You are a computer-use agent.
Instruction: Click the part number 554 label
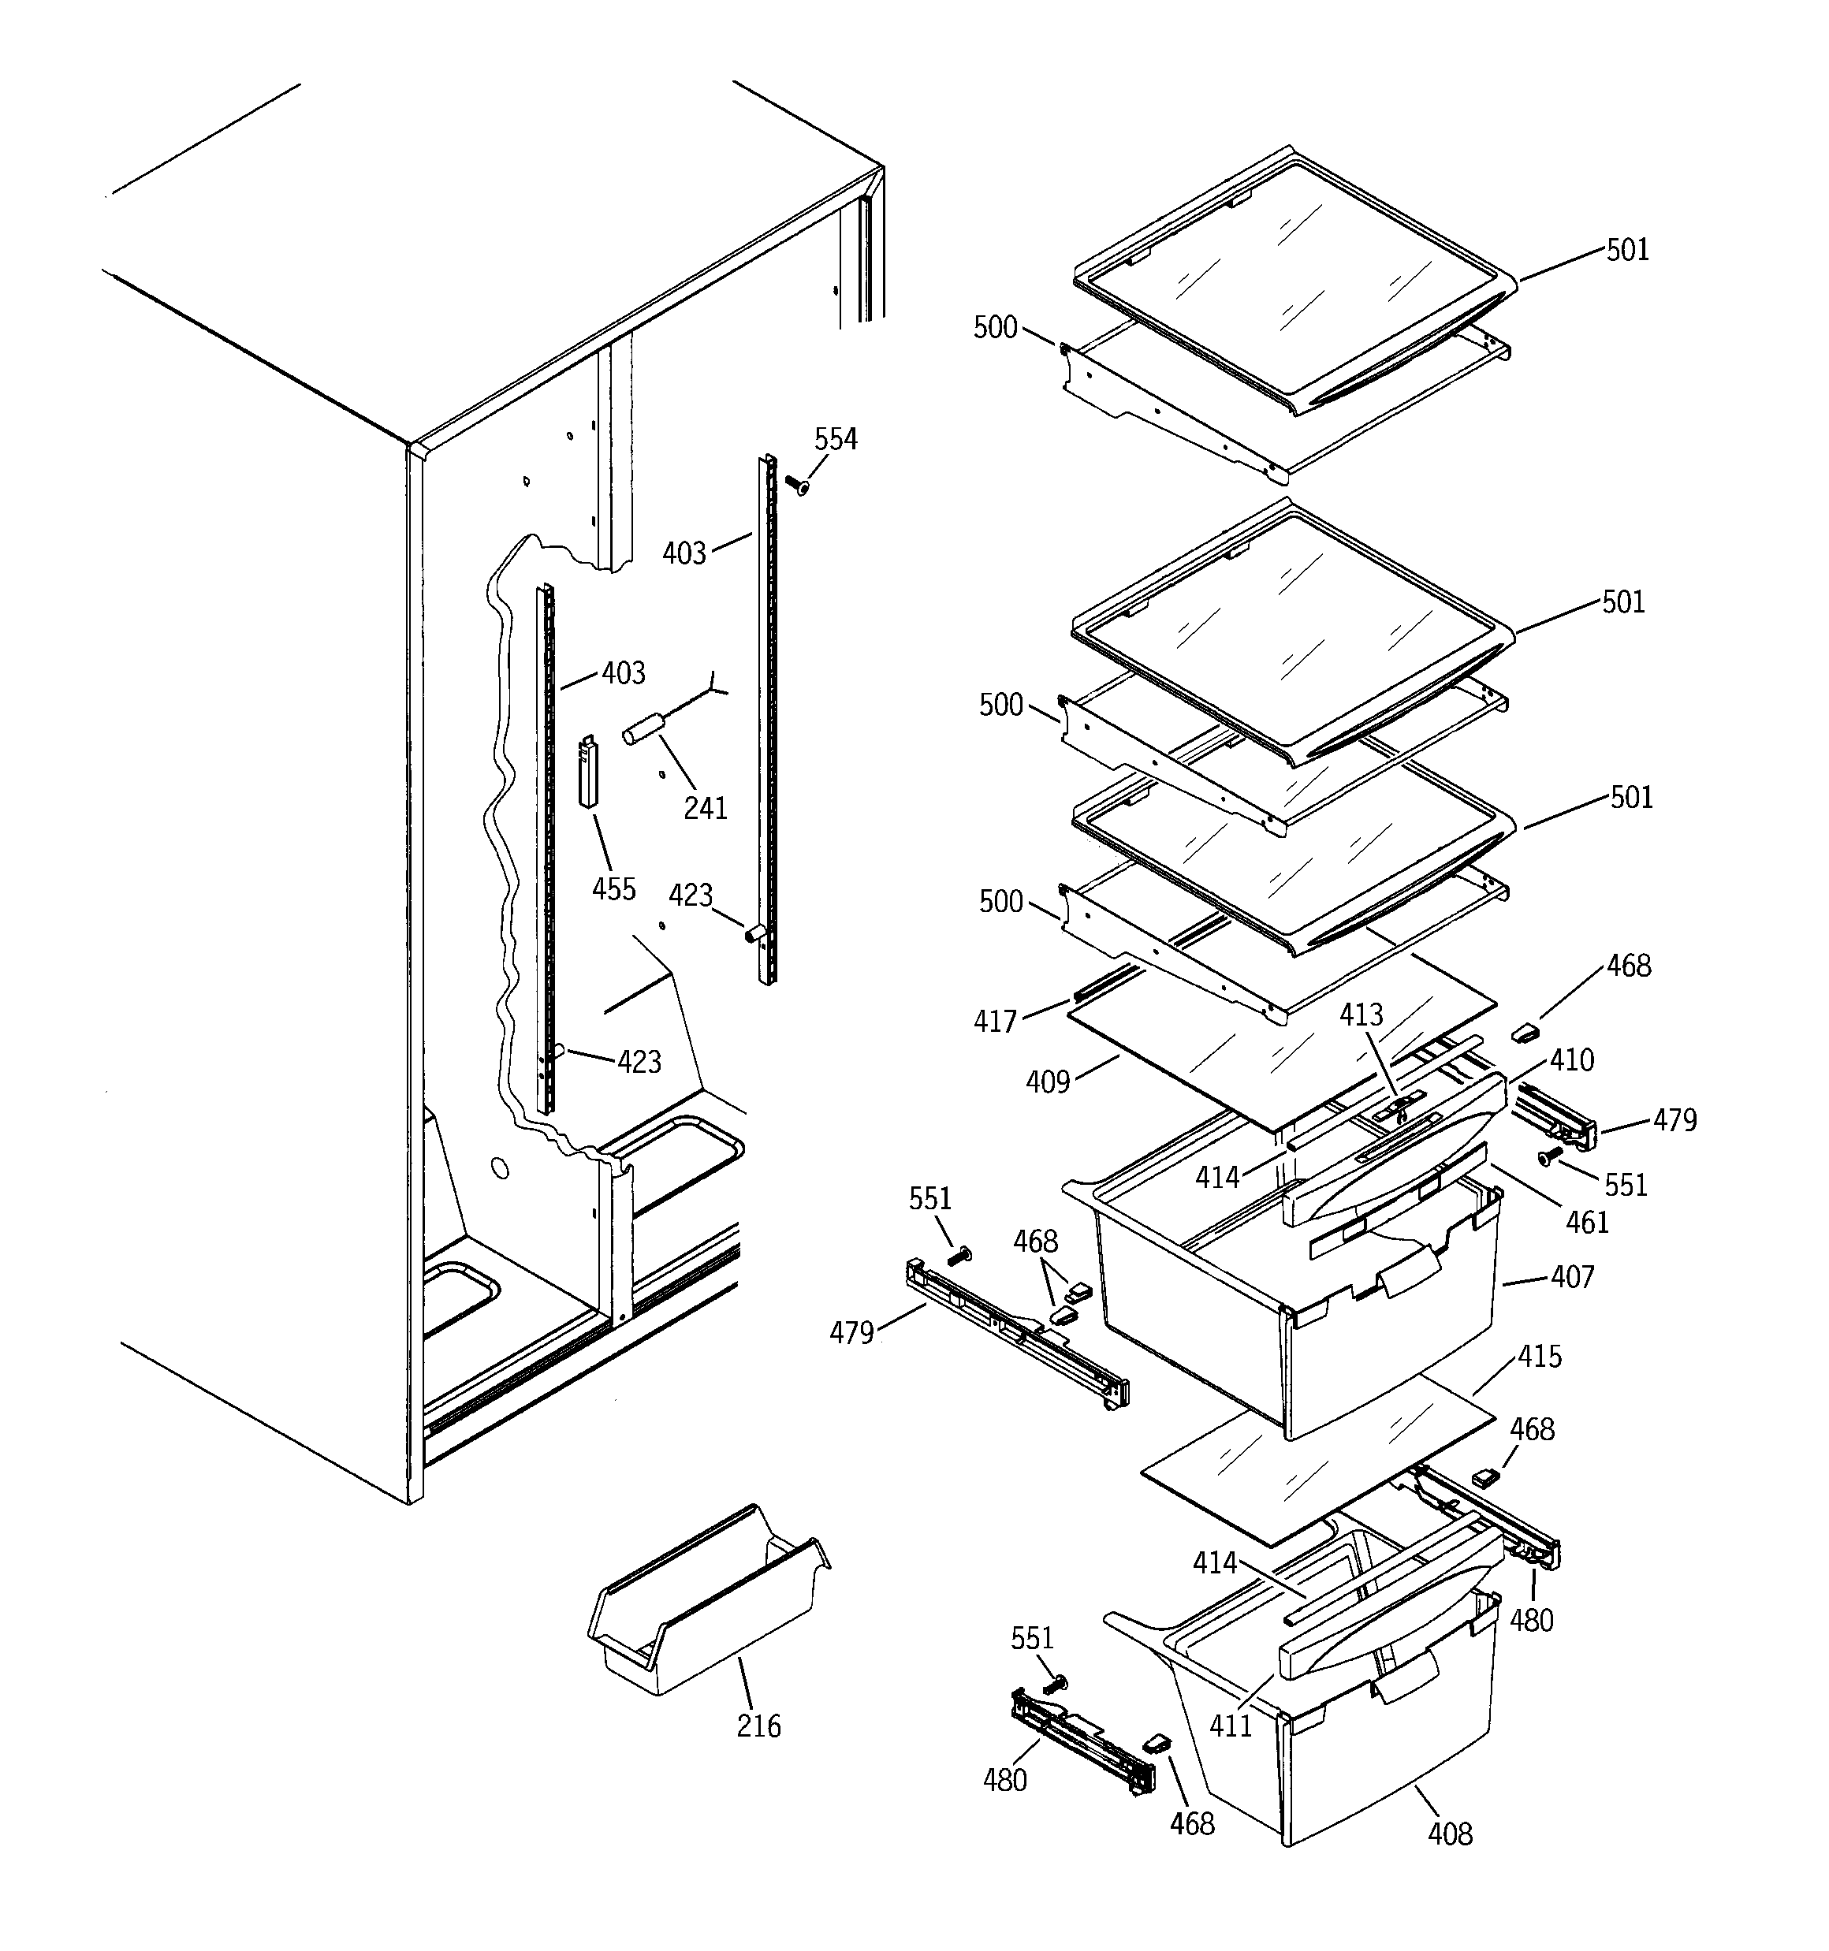pos(836,439)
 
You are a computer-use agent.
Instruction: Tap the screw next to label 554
pos(796,484)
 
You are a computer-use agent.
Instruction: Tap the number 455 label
pos(613,889)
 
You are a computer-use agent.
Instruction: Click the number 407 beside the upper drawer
pos(1572,1277)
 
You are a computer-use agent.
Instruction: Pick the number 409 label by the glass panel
pos(1048,1082)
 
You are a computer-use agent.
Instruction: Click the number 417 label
pos(994,1022)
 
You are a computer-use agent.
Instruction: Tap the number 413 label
pos(1361,1015)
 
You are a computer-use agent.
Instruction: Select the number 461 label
pos(1586,1222)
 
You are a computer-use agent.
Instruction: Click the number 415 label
pos(1540,1357)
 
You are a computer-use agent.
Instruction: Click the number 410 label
pos(1572,1060)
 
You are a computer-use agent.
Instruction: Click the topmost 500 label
pos(994,327)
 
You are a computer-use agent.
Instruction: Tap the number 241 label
pos(705,808)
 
